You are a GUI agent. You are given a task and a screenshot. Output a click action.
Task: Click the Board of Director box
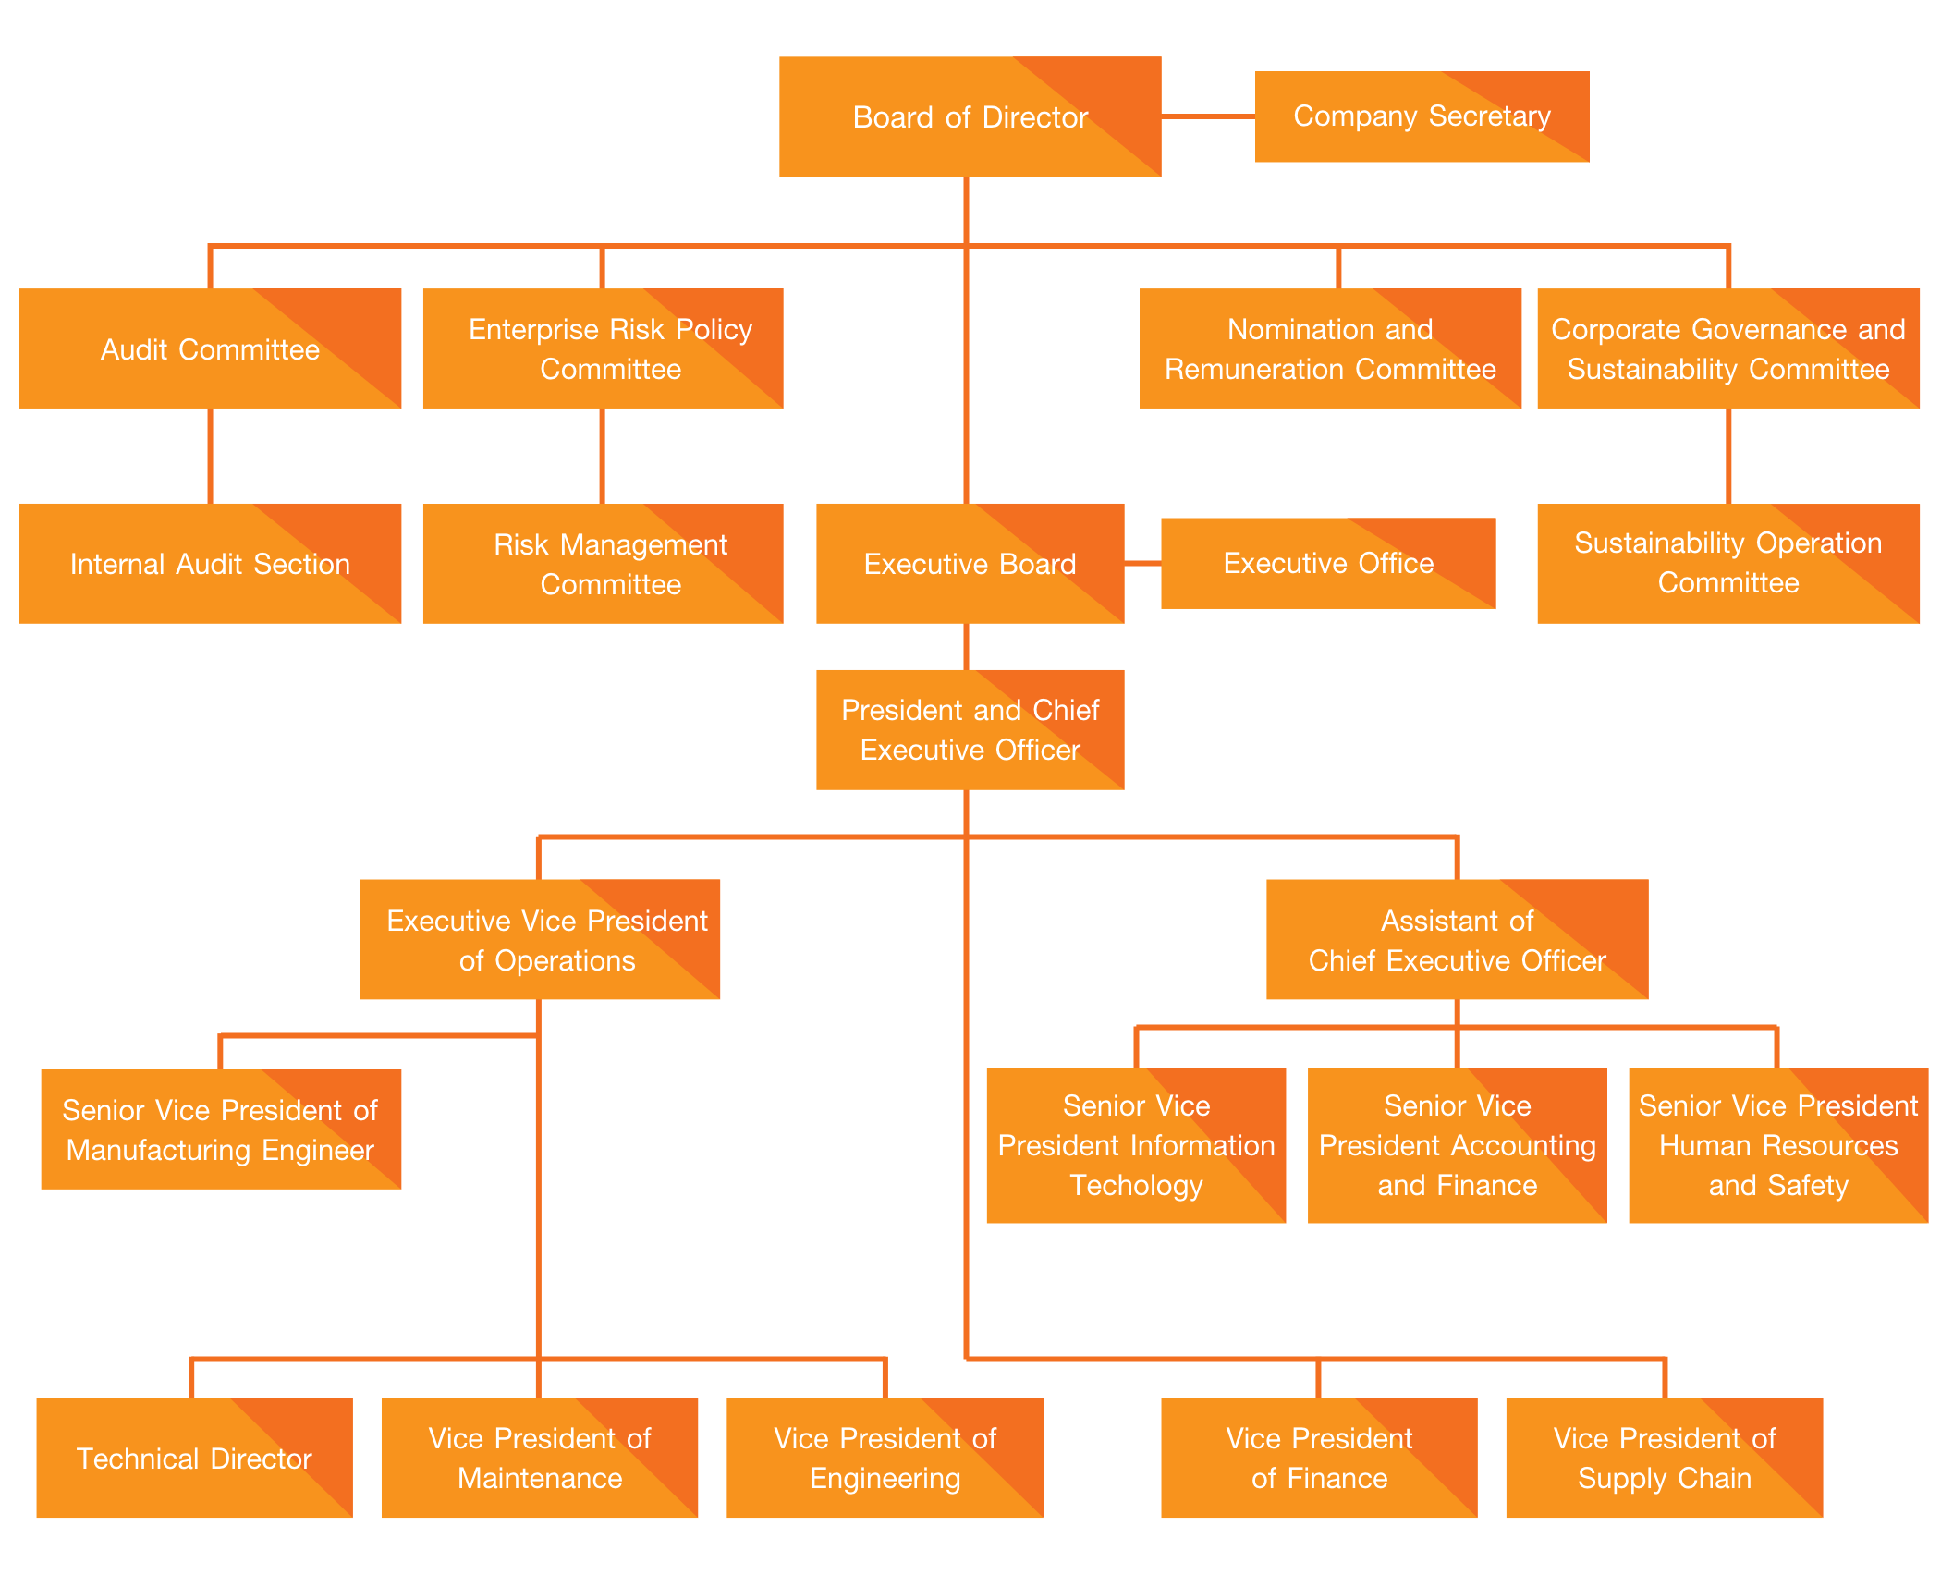[970, 116]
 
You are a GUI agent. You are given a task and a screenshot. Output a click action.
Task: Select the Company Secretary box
[1422, 116]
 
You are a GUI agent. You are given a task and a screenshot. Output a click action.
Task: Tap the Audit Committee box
[210, 348]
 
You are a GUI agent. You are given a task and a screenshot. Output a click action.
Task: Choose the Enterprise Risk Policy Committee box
[603, 348]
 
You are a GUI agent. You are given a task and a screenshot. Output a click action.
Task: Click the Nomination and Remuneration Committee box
[1329, 348]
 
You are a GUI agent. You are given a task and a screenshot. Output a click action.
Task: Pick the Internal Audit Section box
[210, 563]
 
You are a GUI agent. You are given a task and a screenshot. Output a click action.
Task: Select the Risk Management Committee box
[603, 563]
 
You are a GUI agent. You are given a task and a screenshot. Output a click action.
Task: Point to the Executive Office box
[1327, 563]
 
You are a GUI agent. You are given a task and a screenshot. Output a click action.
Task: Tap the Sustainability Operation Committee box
[1727, 563]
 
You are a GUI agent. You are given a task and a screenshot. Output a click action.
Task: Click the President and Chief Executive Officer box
[970, 729]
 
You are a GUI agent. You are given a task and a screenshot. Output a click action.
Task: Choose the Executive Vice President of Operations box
[539, 939]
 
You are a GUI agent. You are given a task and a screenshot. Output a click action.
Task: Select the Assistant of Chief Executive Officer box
[1457, 939]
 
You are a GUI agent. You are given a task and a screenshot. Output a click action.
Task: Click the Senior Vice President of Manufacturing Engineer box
[221, 1129]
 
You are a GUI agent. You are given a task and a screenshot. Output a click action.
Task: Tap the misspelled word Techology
[1136, 1185]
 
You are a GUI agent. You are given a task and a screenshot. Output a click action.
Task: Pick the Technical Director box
[194, 1458]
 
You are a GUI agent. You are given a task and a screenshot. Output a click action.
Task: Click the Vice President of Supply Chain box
[1664, 1458]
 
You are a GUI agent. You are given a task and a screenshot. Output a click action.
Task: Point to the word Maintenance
[540, 1478]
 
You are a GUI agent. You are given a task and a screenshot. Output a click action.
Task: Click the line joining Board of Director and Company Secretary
[1207, 116]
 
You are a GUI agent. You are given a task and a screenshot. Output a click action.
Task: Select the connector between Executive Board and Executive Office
[1142, 563]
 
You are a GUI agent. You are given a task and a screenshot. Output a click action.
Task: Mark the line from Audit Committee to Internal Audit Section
[211, 456]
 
